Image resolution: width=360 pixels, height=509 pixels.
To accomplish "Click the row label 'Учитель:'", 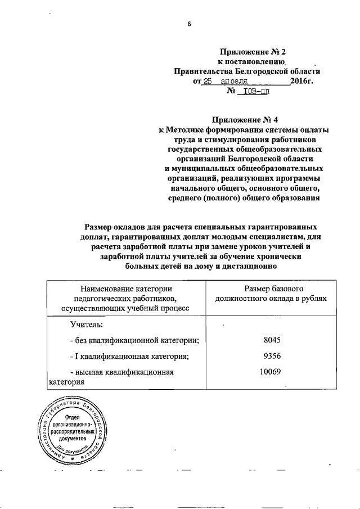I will pyautogui.click(x=87, y=324).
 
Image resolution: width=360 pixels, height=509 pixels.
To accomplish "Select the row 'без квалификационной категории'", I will pyautogui.click(x=134, y=340).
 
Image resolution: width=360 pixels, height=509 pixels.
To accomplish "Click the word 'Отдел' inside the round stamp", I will pyautogui.click(x=71, y=417).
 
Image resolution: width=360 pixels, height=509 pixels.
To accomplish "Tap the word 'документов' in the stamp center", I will pyautogui.click(x=71, y=437).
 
